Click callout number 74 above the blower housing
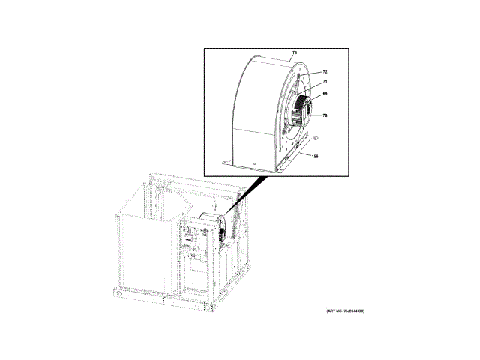click(295, 53)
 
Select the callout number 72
click(325, 72)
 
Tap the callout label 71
click(325, 82)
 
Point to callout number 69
click(325, 94)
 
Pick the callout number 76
click(325, 115)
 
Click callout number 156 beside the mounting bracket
click(316, 157)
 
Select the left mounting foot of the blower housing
click(226, 160)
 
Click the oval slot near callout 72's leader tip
click(299, 77)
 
